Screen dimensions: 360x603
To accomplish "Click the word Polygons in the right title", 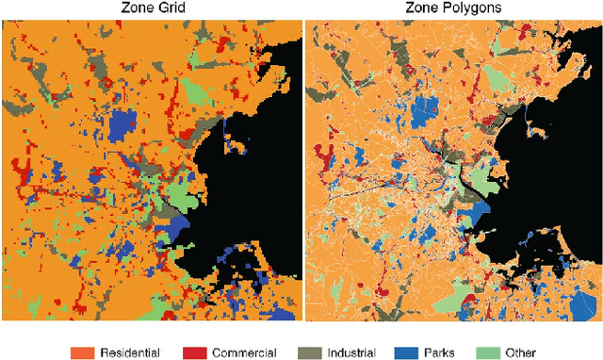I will [471, 8].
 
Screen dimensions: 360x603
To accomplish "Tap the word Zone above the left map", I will [136, 8].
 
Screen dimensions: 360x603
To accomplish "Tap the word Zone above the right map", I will [423, 8].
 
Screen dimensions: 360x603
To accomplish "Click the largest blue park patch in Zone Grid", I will [122, 125].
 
